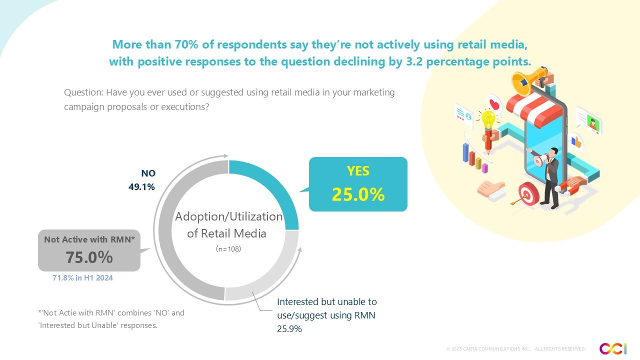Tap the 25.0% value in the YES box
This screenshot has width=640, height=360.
358,194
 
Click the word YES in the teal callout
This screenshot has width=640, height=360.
358,171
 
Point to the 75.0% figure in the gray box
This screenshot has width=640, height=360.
89,257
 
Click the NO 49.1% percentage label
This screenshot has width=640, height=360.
142,187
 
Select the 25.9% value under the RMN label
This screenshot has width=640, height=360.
289,329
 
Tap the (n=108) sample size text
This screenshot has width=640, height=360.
228,248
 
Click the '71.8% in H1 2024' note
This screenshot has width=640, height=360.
83,278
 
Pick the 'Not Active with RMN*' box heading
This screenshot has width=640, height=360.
89,239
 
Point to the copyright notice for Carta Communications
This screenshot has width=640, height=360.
515,348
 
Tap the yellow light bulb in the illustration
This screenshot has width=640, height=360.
488,119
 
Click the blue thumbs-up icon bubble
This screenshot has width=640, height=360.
576,142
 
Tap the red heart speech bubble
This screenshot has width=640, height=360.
494,104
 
